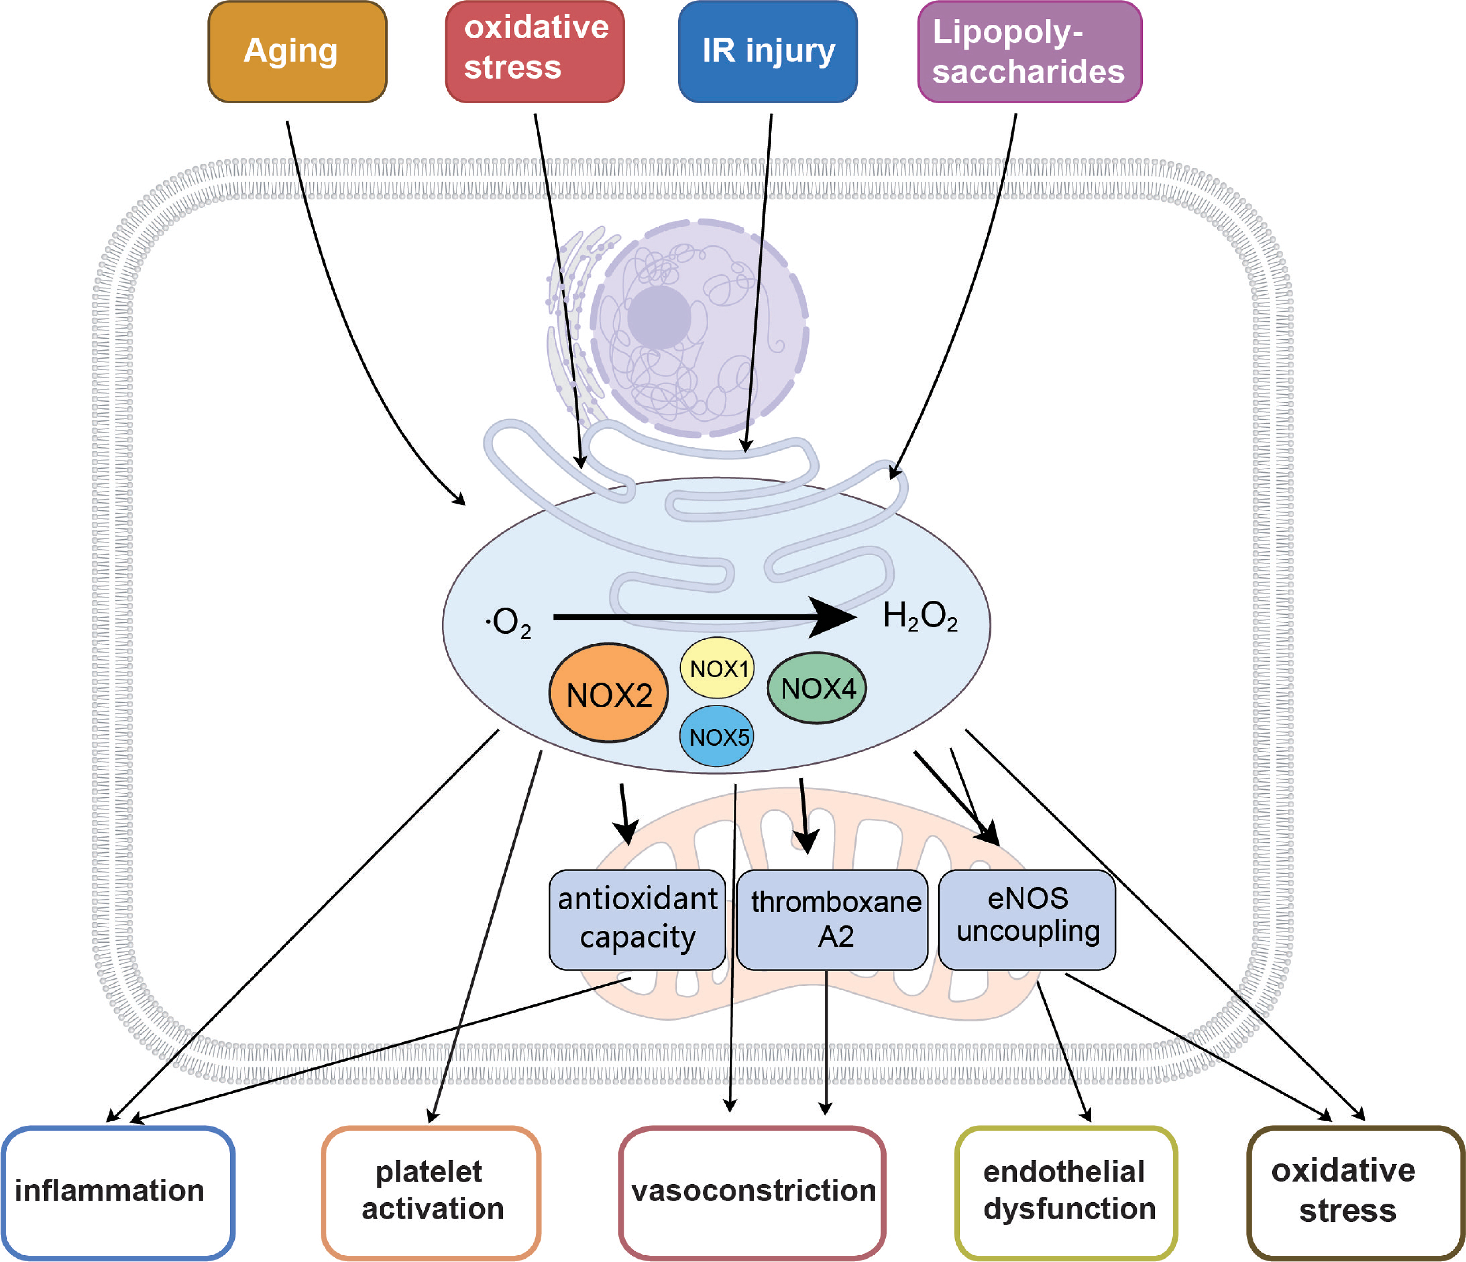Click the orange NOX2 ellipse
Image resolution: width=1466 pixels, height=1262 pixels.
[x=609, y=693]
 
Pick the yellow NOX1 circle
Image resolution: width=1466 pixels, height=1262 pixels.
[x=717, y=668]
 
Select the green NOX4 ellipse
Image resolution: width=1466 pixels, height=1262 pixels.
[x=817, y=688]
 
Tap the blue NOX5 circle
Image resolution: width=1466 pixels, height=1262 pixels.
[x=717, y=736]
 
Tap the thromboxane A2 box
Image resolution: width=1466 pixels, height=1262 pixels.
[x=832, y=919]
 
